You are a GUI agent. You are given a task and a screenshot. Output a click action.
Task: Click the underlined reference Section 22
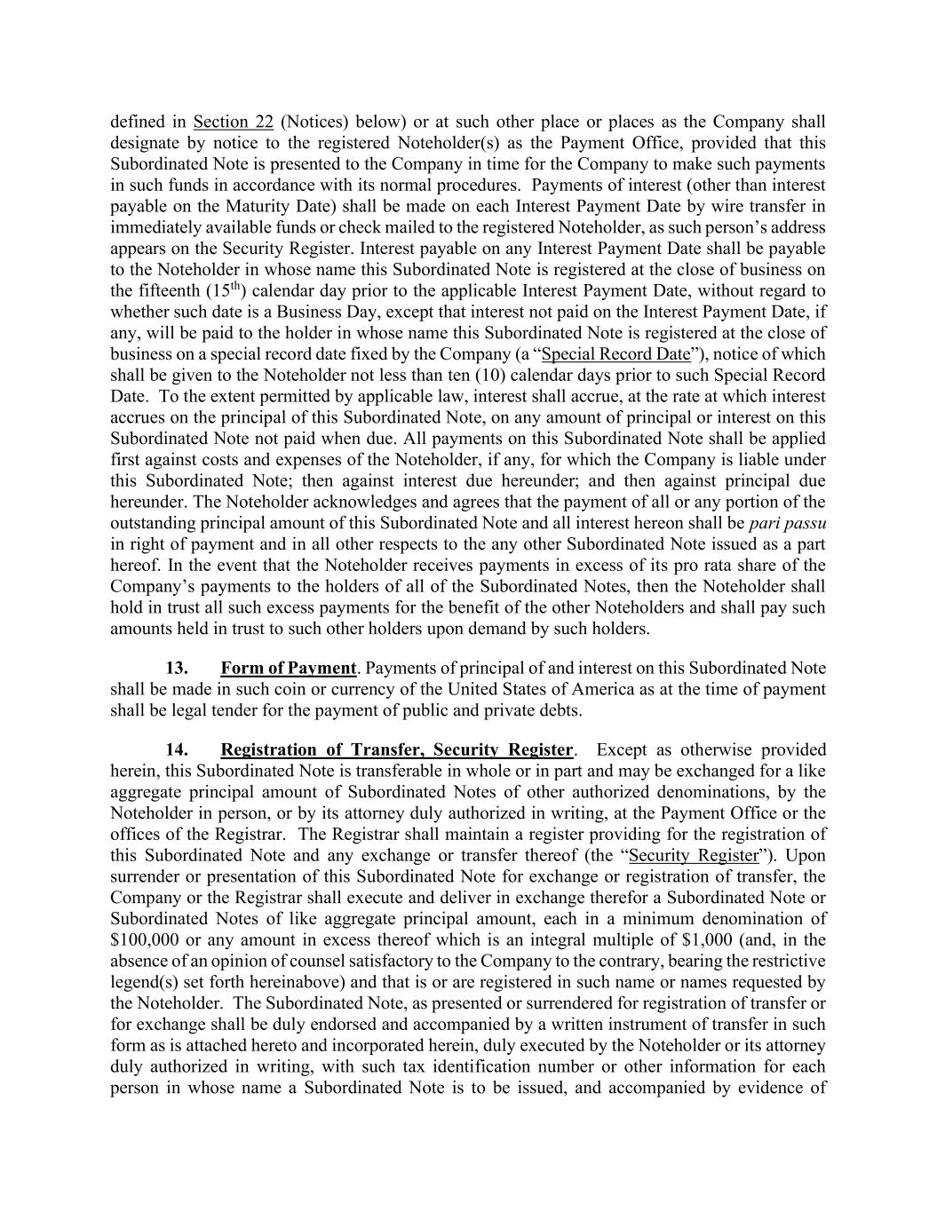pos(233,122)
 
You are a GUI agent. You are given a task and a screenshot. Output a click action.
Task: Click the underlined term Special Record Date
pos(615,354)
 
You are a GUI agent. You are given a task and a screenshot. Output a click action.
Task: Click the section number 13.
pos(177,668)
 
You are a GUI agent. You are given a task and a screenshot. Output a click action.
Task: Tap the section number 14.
pos(177,749)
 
